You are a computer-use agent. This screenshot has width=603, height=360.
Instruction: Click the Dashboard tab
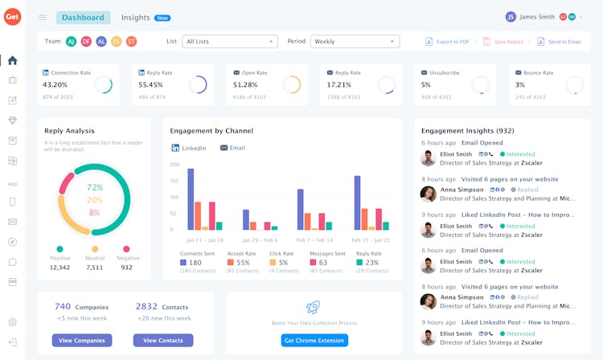pos(83,17)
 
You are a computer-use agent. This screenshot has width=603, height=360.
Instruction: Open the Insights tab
pos(136,17)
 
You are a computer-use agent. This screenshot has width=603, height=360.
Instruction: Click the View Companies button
pos(82,341)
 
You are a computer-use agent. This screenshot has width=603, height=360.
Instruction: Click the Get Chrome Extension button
pos(314,341)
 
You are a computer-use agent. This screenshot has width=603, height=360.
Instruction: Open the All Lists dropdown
pos(230,42)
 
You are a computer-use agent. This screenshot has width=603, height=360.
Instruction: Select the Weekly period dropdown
pos(355,42)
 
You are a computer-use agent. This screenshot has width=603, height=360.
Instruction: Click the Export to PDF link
pos(449,42)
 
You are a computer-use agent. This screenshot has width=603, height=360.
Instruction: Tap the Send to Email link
pos(560,42)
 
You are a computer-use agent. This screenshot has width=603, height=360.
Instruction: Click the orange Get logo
pos(12,17)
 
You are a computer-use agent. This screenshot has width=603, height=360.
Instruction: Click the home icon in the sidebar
pos(12,60)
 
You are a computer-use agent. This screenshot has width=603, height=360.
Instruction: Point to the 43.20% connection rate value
pos(55,84)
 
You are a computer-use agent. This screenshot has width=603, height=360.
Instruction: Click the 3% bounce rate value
pos(520,84)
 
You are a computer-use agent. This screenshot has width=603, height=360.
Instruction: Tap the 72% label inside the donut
pos(95,187)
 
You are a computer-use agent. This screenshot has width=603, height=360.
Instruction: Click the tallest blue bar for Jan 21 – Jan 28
pos(191,198)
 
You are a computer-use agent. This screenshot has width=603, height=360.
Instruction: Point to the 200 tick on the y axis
pos(174,164)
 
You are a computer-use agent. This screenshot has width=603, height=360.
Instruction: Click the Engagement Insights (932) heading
pos(468,130)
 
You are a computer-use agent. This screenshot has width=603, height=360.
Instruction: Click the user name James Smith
pos(537,17)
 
